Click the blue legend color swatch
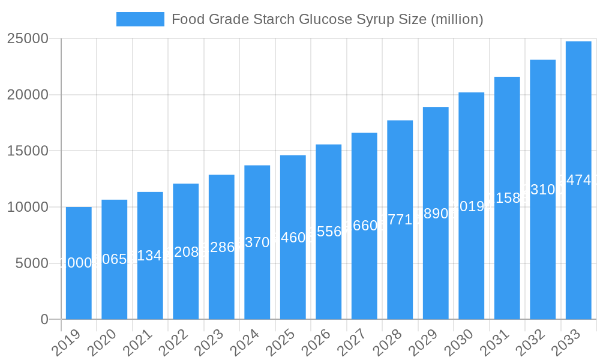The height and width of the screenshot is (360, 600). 140,19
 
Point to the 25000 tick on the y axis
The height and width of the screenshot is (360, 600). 28,38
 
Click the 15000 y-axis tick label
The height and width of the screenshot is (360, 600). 28,151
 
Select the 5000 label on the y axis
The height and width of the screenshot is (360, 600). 32,263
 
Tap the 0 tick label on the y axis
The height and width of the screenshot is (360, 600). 44,320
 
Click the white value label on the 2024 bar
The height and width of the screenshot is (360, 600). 257,242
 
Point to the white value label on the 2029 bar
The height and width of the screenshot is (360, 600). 436,214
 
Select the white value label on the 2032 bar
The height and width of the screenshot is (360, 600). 543,190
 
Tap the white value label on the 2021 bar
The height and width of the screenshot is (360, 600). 150,256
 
